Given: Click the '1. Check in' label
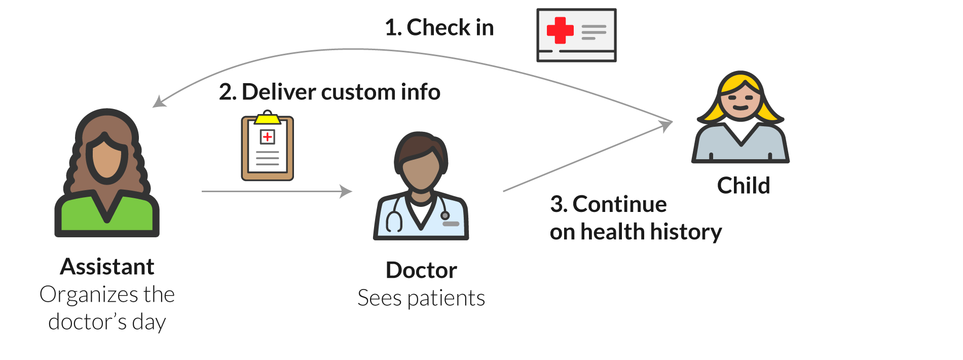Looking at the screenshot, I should point(439,27).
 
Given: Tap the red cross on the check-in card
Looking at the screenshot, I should point(560,30).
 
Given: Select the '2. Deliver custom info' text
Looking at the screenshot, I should point(329,92).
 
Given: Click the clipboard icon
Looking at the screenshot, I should point(268,148).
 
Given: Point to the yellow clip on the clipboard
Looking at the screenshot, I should point(268,119).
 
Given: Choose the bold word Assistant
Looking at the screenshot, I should point(107,267).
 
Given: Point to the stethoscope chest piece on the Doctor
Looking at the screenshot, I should point(445,215).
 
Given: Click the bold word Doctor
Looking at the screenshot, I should point(421,270).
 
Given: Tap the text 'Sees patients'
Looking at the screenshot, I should point(421,298).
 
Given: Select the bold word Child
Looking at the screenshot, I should point(744,186).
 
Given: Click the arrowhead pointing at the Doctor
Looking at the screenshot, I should point(347,191).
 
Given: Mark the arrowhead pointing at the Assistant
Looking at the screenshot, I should point(159,102).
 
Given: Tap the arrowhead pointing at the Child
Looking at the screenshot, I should point(666,125).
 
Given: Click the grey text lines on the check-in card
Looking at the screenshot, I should point(594,32).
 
